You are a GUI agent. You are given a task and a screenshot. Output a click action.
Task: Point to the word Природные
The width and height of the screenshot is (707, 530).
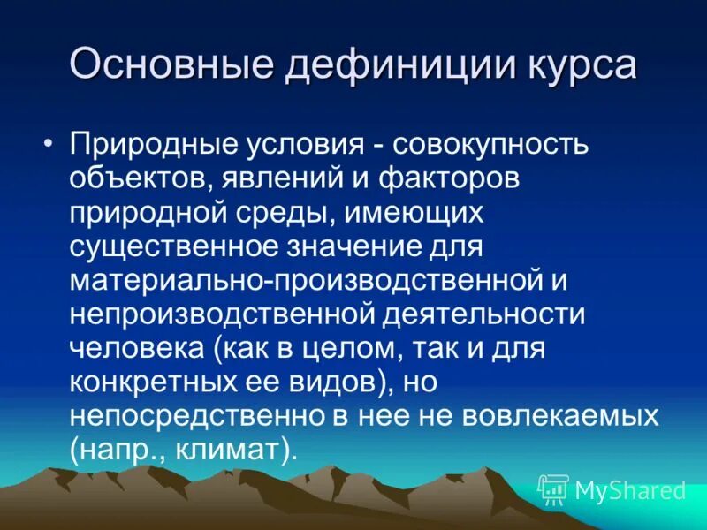[x=144, y=144]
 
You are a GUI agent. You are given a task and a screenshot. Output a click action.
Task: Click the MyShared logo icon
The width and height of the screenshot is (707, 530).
[x=553, y=488]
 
